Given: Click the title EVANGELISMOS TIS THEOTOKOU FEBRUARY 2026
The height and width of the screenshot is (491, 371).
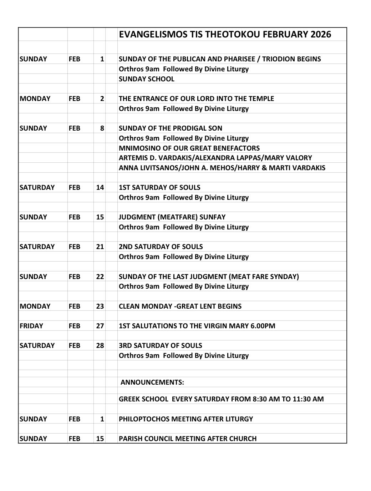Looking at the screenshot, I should [x=225, y=34].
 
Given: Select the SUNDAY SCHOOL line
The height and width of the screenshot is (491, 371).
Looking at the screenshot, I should [x=146, y=79].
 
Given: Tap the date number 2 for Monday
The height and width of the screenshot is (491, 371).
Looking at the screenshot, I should [x=102, y=99].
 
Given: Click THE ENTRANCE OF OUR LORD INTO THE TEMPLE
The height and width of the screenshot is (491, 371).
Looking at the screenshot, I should [x=196, y=98].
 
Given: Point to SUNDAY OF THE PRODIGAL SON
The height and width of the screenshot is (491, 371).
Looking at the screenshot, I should [x=170, y=128].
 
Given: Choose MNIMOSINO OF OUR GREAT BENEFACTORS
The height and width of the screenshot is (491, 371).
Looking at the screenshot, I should [x=189, y=148].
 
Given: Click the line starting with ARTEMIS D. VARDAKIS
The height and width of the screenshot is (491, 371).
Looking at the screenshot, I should [x=215, y=158].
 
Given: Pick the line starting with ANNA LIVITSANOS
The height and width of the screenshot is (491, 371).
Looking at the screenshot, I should [x=222, y=168].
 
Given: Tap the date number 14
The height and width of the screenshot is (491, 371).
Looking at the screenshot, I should [x=100, y=187].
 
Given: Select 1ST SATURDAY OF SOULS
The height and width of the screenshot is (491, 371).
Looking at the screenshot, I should [x=159, y=187].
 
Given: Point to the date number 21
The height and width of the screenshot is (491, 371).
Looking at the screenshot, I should [x=100, y=247].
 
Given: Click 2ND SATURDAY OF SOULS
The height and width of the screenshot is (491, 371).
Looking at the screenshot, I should [x=161, y=247].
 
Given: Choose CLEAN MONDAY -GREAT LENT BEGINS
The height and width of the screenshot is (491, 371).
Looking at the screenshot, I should [x=180, y=306].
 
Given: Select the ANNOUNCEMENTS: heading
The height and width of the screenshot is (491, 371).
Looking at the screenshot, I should [x=152, y=382].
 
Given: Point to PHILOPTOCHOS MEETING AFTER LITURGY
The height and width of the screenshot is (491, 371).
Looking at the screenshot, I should [x=185, y=419].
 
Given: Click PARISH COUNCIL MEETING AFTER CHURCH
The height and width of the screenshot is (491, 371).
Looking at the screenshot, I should [x=187, y=439].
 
